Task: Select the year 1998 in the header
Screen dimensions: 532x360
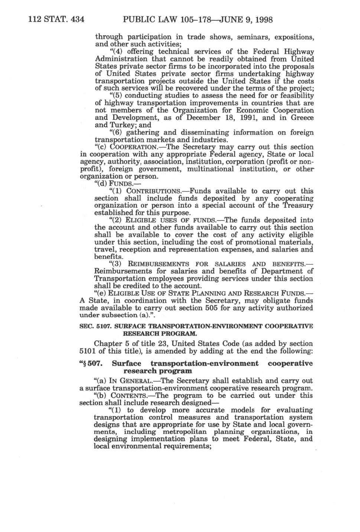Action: pyautogui.click(x=262, y=19)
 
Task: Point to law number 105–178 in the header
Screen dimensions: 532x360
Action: pyautogui.click(x=188, y=19)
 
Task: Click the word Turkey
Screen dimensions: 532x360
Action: pyautogui.click(x=119, y=125)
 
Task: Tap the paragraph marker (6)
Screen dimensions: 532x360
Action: pyautogui.click(x=115, y=132)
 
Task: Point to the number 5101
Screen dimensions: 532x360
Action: pyautogui.click(x=88, y=351)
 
